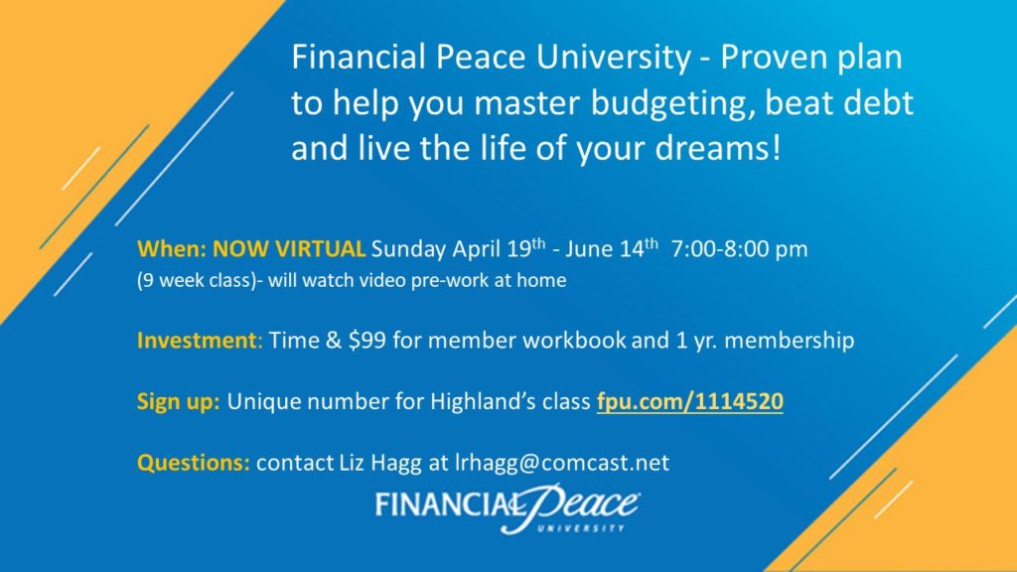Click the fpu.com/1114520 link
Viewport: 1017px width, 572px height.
coord(690,401)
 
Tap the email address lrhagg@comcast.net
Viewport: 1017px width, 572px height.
coord(562,463)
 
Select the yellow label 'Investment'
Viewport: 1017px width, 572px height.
coord(198,341)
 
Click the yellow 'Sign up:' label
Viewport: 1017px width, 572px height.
coord(179,402)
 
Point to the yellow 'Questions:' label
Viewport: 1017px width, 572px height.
coord(194,463)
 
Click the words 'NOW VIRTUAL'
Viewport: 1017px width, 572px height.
coord(289,249)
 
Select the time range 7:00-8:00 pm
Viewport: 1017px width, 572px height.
coord(739,249)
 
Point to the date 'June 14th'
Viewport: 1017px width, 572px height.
coord(611,248)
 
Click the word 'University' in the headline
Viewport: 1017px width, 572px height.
coord(614,58)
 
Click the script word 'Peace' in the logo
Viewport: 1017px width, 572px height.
coord(580,505)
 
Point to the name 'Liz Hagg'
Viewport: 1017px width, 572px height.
coord(380,464)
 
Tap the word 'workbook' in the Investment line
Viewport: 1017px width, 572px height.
coord(575,341)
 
